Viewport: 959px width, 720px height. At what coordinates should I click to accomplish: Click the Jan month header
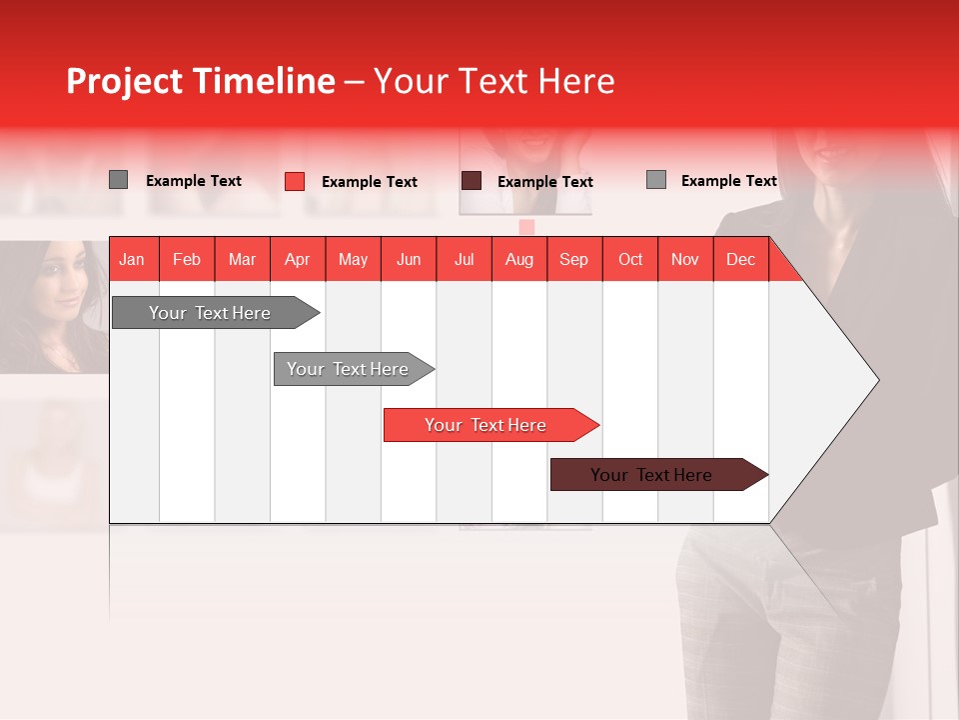point(132,259)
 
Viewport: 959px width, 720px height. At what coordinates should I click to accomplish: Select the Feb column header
point(187,259)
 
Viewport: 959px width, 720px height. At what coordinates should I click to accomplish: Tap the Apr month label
point(297,259)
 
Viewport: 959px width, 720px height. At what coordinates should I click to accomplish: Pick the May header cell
point(353,259)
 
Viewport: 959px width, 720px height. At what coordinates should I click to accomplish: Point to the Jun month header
point(409,259)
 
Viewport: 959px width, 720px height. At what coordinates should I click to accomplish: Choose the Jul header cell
point(464,259)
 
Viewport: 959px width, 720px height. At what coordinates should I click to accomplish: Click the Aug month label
point(519,259)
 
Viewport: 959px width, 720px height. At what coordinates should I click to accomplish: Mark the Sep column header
point(573,259)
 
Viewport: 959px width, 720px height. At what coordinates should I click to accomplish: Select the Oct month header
point(630,259)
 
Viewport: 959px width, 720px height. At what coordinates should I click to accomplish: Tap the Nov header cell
point(685,259)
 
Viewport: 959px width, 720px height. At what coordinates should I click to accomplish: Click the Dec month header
point(740,259)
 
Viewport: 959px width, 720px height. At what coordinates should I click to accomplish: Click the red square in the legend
point(295,181)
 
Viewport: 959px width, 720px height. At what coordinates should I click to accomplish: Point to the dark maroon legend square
point(472,181)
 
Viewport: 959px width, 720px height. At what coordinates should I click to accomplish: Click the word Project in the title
point(125,81)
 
